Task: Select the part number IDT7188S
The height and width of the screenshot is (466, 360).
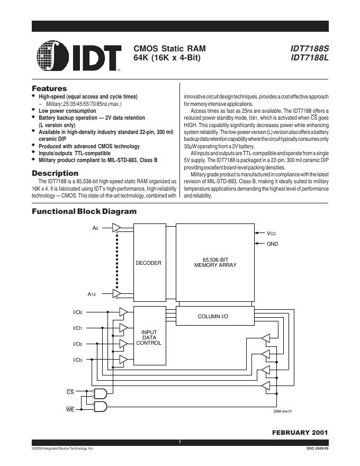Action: pyautogui.click(x=310, y=48)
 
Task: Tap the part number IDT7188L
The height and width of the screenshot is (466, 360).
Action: pyautogui.click(x=310, y=57)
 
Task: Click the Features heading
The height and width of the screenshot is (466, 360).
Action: pyautogui.click(x=49, y=88)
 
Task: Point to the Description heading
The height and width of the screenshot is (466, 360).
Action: pyautogui.click(x=55, y=173)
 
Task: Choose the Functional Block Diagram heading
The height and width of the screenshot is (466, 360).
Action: pyautogui.click(x=84, y=211)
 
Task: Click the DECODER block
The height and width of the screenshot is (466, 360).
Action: pyautogui.click(x=149, y=263)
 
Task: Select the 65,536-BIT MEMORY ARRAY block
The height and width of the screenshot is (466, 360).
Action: pyautogui.click(x=215, y=262)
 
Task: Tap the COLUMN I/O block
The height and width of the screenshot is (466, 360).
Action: pyautogui.click(x=212, y=316)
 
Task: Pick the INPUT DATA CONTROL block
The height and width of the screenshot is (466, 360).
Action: pyautogui.click(x=149, y=337)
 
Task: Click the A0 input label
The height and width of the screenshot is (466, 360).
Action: pyautogui.click(x=95, y=228)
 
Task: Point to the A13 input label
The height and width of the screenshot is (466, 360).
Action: pyautogui.click(x=92, y=293)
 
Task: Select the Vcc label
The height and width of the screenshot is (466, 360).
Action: pyautogui.click(x=272, y=233)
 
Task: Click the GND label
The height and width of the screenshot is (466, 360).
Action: pyautogui.click(x=272, y=244)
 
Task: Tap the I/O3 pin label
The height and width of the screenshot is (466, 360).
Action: pyautogui.click(x=77, y=360)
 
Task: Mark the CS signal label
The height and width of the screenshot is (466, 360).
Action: pyautogui.click(x=70, y=392)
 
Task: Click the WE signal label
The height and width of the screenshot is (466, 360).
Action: pyautogui.click(x=70, y=409)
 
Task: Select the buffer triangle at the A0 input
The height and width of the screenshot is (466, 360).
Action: pyautogui.click(x=116, y=228)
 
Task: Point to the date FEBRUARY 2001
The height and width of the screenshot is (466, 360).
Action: pyautogui.click(x=300, y=433)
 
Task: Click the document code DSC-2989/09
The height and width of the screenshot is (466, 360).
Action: pyautogui.click(x=317, y=449)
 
